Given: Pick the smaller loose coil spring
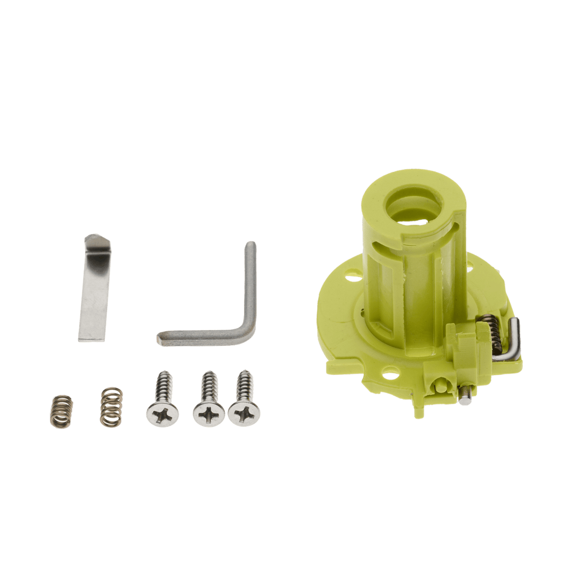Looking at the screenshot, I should point(62,411).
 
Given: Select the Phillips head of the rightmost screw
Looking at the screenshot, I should point(244,414).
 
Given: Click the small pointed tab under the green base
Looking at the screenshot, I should point(418,411).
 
